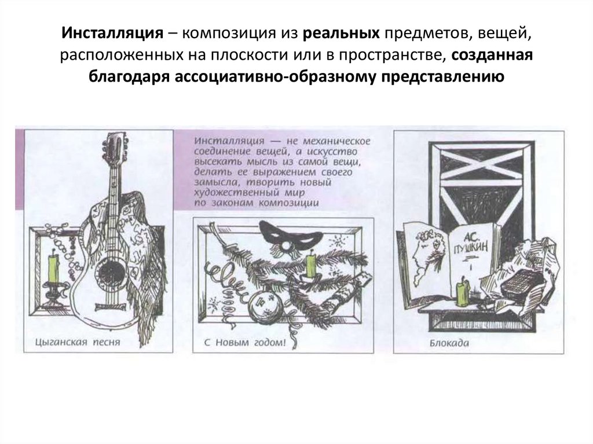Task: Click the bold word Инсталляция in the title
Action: click(112, 33)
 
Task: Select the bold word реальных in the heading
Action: click(341, 33)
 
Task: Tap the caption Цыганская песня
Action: click(78, 342)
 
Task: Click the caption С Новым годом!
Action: click(245, 343)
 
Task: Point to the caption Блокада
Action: click(449, 343)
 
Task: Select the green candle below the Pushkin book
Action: click(462, 292)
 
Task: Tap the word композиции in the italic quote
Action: click(289, 203)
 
